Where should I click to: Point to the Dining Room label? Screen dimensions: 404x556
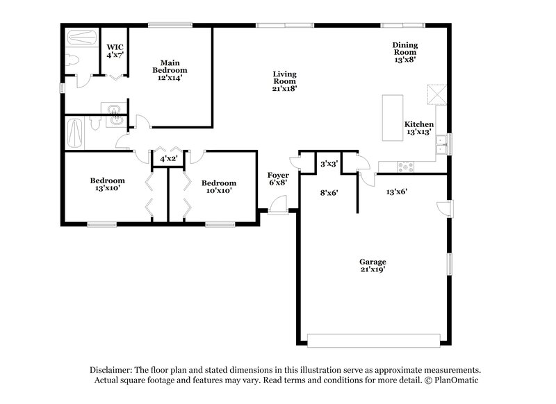(405, 52)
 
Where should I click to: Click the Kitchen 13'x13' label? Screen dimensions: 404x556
(419, 128)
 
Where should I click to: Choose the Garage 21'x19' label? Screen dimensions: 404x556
(373, 266)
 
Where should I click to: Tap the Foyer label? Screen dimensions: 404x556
(278, 179)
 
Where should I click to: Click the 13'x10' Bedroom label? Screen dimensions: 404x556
(107, 185)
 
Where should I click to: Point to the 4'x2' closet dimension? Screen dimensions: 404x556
(167, 159)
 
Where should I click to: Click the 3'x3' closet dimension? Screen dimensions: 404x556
(328, 165)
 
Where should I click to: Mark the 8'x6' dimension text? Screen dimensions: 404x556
(328, 193)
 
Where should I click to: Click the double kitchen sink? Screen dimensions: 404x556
(439, 145)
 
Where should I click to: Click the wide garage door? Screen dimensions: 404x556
(374, 340)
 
